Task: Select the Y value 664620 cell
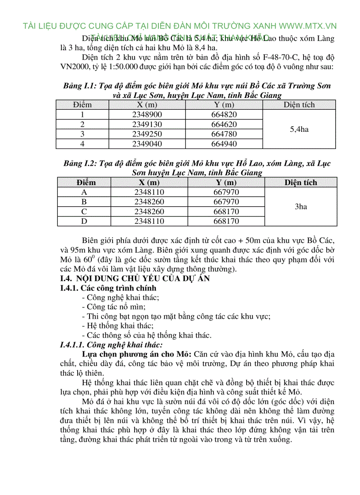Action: click(x=224, y=124)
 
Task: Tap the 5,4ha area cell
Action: click(x=299, y=129)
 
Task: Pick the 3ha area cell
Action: click(x=300, y=207)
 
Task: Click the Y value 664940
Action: click(x=224, y=144)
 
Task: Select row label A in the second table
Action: click(x=84, y=192)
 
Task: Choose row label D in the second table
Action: click(x=84, y=221)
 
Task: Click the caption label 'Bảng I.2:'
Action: click(x=79, y=164)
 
